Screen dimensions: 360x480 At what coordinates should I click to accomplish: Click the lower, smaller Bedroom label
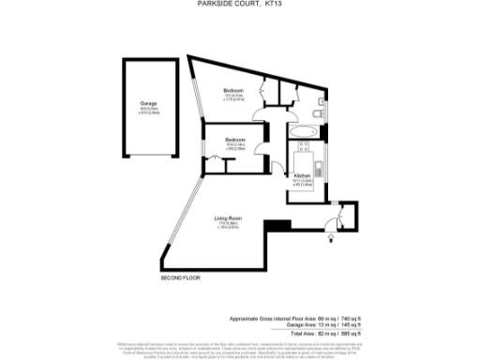pyautogui.click(x=235, y=141)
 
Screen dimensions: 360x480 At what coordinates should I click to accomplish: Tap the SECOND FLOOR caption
pyautogui.click(x=181, y=279)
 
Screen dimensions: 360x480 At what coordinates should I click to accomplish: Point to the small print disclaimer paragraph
pyautogui.click(x=239, y=348)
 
